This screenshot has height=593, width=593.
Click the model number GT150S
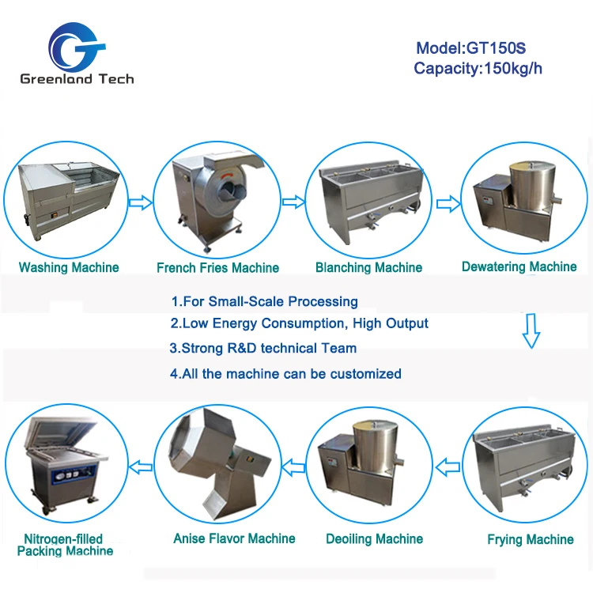pyautogui.click(x=496, y=48)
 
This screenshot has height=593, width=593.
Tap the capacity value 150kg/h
pyautogui.click(x=513, y=69)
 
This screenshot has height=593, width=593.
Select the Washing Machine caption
pyautogui.click(x=69, y=267)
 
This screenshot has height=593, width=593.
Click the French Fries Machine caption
pyautogui.click(x=218, y=268)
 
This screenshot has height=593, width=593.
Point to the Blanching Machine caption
pyautogui.click(x=368, y=267)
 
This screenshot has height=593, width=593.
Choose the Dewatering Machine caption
pyautogui.click(x=519, y=266)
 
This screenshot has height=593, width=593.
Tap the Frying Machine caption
pyautogui.click(x=531, y=539)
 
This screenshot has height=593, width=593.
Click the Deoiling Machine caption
pyautogui.click(x=375, y=539)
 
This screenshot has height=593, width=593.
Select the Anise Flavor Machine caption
pyautogui.click(x=234, y=538)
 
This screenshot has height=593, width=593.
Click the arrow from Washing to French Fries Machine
pyautogui.click(x=141, y=202)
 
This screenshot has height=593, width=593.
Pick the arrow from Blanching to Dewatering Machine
pyautogui.click(x=448, y=204)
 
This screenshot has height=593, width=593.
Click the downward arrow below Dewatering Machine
pyautogui.click(x=531, y=330)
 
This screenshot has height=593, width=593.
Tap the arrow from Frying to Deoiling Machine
pyautogui.click(x=448, y=468)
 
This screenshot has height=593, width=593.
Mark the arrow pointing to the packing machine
pyautogui.click(x=141, y=467)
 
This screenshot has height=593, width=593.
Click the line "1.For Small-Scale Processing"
pyautogui.click(x=264, y=301)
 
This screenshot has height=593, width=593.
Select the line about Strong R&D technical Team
pyautogui.click(x=263, y=348)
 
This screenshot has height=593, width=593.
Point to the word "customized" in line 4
pyautogui.click(x=366, y=374)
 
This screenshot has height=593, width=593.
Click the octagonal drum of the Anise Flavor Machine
pyautogui.click(x=203, y=443)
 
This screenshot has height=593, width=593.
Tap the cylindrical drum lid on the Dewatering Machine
pyautogui.click(x=532, y=166)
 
